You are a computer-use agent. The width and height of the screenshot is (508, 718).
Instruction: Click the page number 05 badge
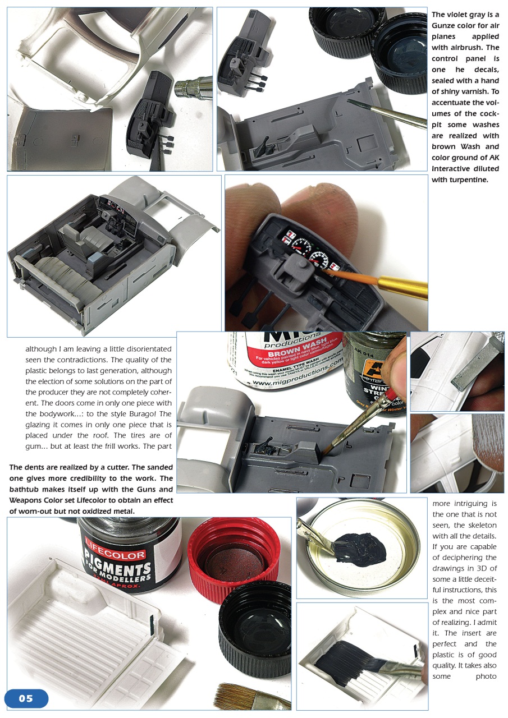pos(26,698)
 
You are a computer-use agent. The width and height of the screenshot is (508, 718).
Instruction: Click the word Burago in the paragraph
pos(143,414)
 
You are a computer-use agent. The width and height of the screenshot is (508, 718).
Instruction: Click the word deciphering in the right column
pos(471,558)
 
